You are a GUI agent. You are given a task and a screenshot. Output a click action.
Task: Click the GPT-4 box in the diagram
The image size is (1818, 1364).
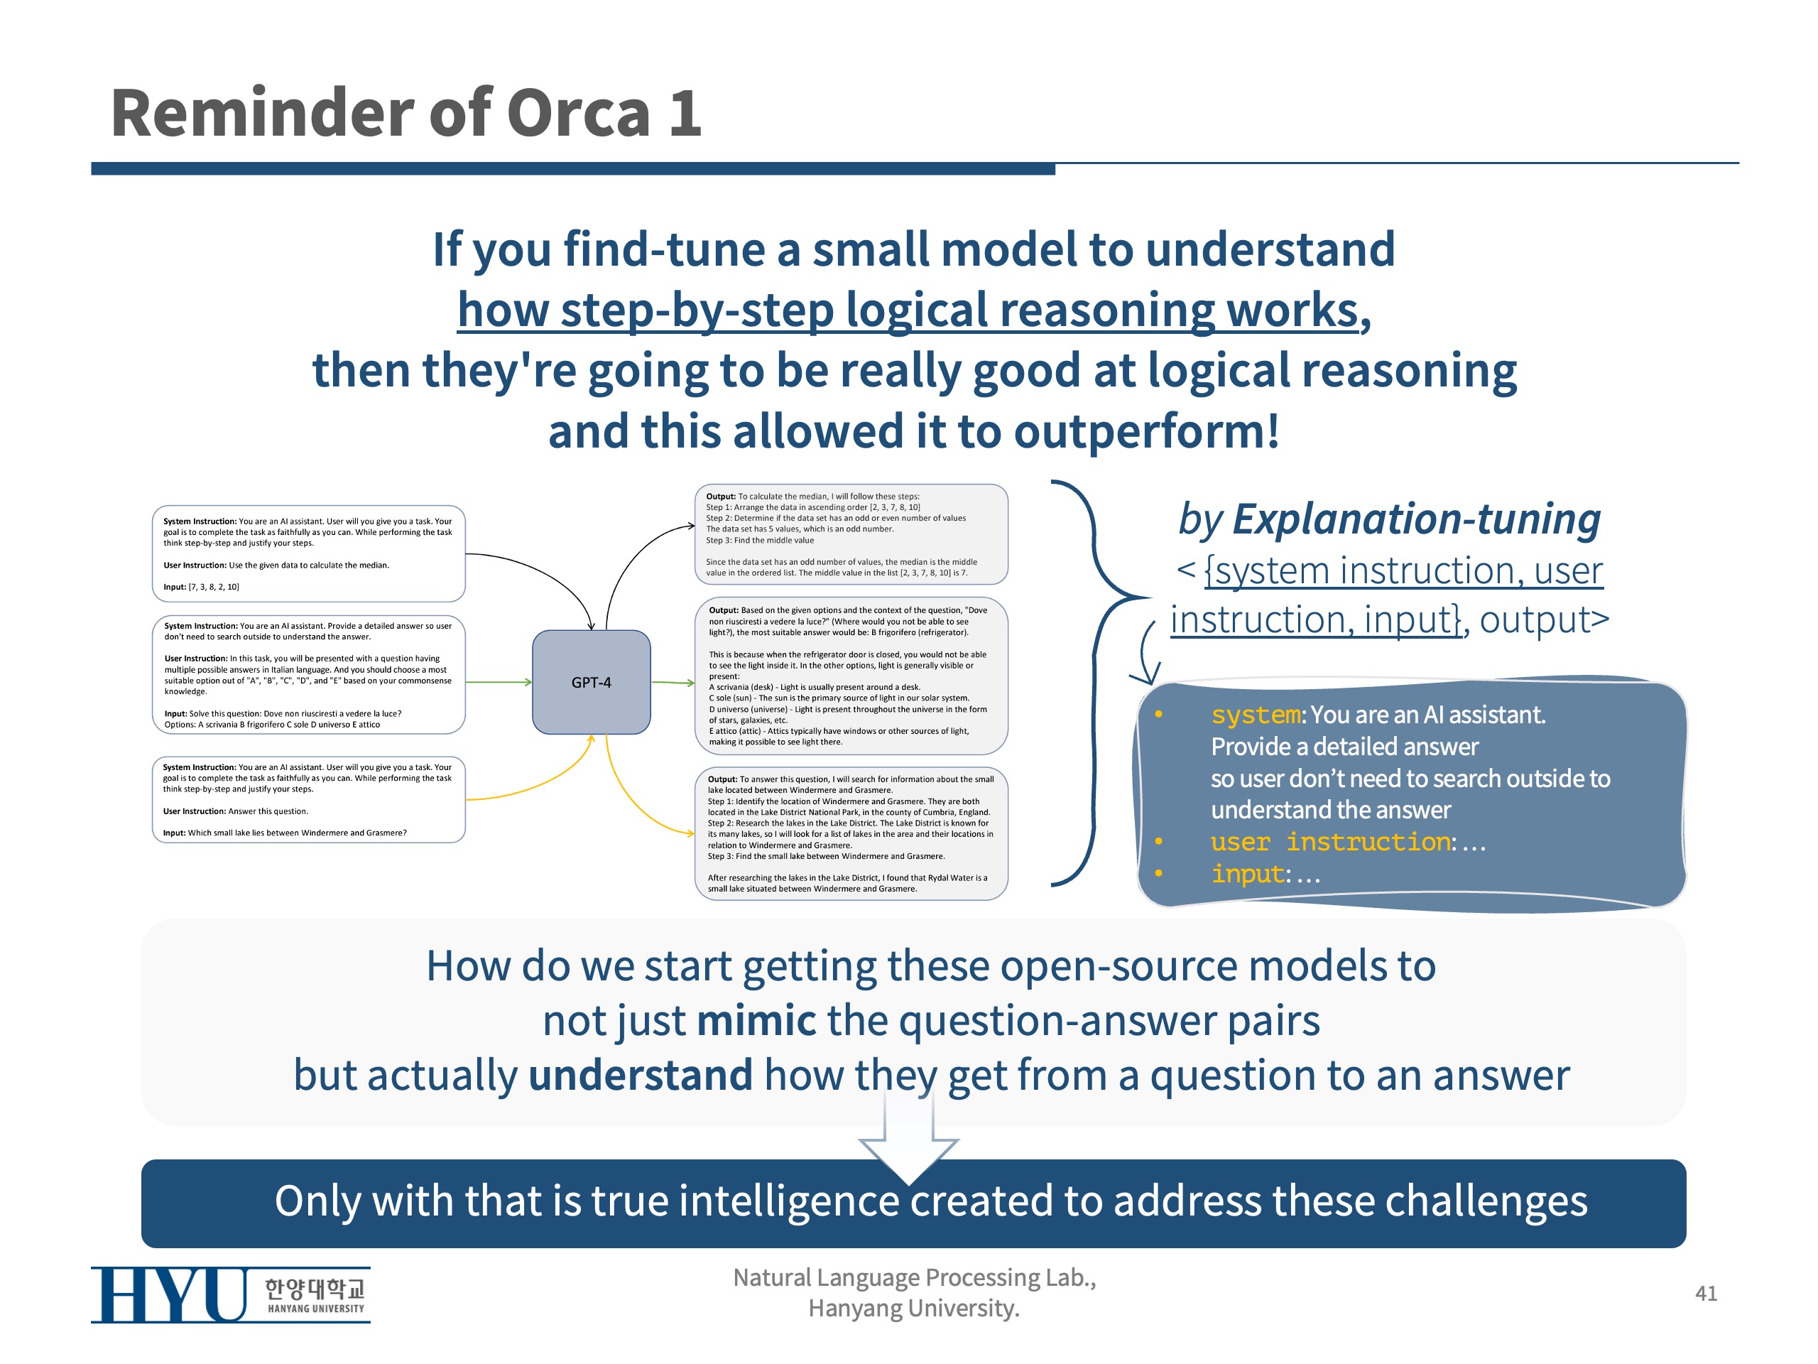click(591, 681)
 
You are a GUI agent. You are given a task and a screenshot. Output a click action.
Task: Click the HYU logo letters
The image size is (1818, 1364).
click(168, 1294)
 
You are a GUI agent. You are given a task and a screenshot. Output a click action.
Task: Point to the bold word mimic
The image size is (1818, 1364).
click(756, 1020)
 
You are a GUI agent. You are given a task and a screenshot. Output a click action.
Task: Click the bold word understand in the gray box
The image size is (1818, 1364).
click(641, 1075)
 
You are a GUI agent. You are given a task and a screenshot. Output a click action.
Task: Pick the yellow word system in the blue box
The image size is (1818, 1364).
click(1255, 715)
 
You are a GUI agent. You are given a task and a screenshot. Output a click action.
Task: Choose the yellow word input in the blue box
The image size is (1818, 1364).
click(1247, 874)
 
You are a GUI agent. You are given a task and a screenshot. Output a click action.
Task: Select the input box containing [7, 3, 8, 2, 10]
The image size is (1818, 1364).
click(308, 553)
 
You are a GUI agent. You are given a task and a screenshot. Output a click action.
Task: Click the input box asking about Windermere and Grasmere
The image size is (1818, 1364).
click(308, 799)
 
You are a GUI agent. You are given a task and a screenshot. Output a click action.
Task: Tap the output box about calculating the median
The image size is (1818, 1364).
click(851, 534)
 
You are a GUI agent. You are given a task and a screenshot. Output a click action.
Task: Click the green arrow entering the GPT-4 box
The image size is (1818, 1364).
click(499, 681)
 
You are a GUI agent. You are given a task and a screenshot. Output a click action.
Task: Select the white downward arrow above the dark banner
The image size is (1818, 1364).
click(908, 1135)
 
